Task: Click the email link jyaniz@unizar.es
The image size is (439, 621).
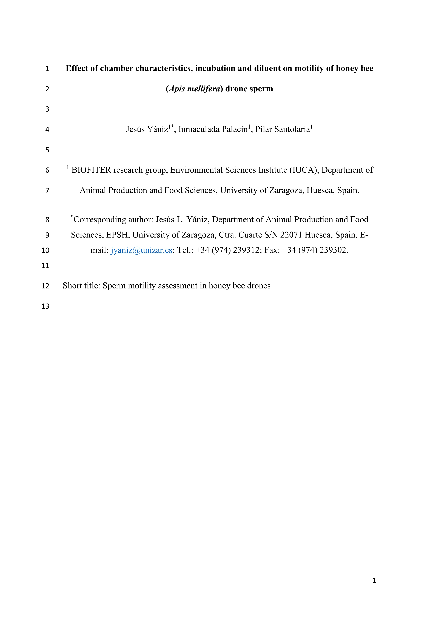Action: tap(141, 250)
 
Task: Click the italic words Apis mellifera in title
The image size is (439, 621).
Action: tap(194, 89)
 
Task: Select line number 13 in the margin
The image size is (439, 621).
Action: tap(45, 307)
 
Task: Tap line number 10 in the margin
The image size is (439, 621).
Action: tap(45, 250)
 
